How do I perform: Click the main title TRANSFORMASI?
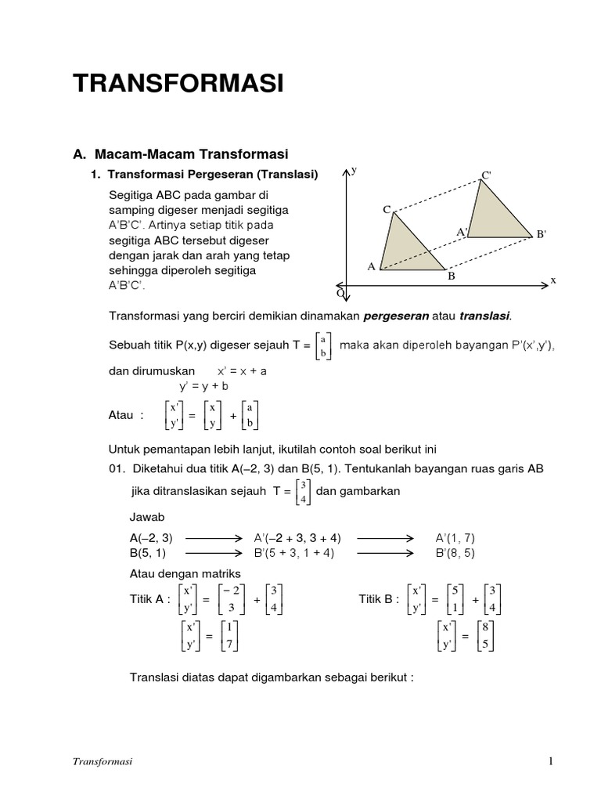[x=178, y=85]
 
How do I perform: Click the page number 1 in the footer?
[x=551, y=761]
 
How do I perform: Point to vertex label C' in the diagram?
[x=485, y=175]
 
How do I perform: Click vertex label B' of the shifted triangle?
[x=540, y=233]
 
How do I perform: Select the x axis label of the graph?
[x=552, y=280]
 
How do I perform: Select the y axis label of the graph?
[x=354, y=170]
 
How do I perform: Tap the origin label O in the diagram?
[x=340, y=293]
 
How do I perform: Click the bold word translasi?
[x=484, y=316]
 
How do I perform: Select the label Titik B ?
[x=379, y=599]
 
